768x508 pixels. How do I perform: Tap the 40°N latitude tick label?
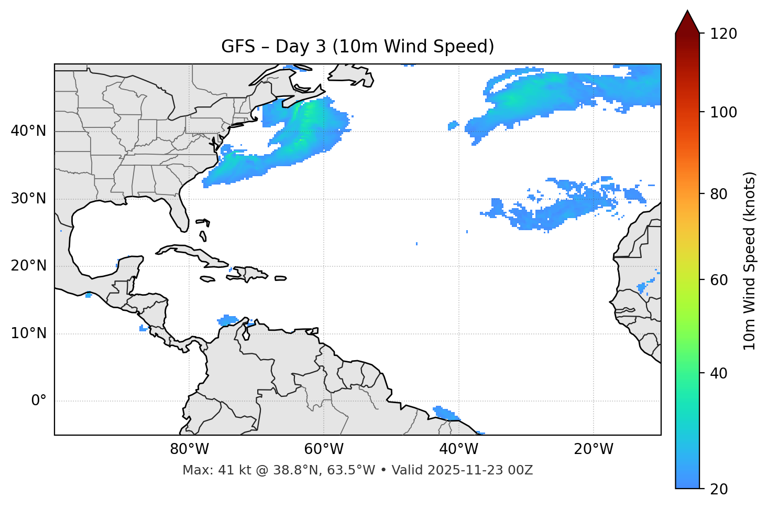pyautogui.click(x=28, y=131)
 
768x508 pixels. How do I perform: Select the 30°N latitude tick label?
pyautogui.click(x=28, y=199)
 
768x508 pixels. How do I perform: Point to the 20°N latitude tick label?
pyautogui.click(x=28, y=266)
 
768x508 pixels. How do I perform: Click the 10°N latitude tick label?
pyautogui.click(x=28, y=333)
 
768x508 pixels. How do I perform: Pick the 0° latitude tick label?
pyautogui.click(x=39, y=401)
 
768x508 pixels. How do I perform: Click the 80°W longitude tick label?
pyautogui.click(x=189, y=449)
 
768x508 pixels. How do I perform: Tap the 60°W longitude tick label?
pyautogui.click(x=324, y=449)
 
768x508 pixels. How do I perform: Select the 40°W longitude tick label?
pyautogui.click(x=458, y=449)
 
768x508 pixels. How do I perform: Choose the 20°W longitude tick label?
pyautogui.click(x=593, y=449)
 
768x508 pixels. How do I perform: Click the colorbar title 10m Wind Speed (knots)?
pyautogui.click(x=750, y=261)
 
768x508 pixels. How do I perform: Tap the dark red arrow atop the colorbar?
pyautogui.click(x=687, y=22)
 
